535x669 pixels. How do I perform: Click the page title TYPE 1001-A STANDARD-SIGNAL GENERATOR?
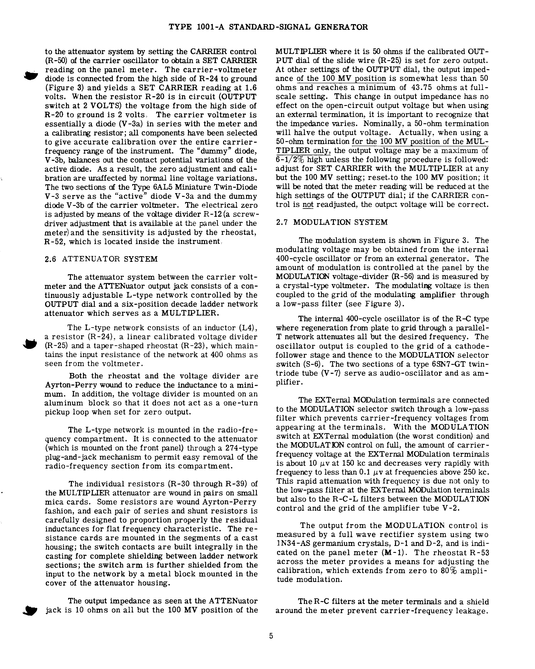[x=268, y=27]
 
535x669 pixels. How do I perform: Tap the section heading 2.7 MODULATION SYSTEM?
[x=332, y=222]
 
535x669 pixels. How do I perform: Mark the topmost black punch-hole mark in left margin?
[x=31, y=75]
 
